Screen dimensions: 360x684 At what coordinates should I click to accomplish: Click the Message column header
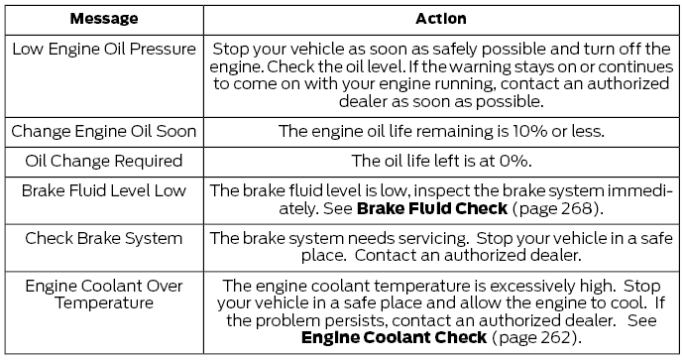click(102, 19)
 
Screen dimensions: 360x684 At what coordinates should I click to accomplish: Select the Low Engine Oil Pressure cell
click(102, 49)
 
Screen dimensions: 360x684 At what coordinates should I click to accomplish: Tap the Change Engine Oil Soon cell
click(102, 131)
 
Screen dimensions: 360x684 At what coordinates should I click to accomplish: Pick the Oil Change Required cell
click(102, 160)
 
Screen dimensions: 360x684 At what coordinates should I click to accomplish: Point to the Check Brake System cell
click(102, 238)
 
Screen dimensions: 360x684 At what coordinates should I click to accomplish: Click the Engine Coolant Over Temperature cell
click(102, 295)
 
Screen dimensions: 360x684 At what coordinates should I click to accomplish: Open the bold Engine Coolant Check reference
click(394, 337)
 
